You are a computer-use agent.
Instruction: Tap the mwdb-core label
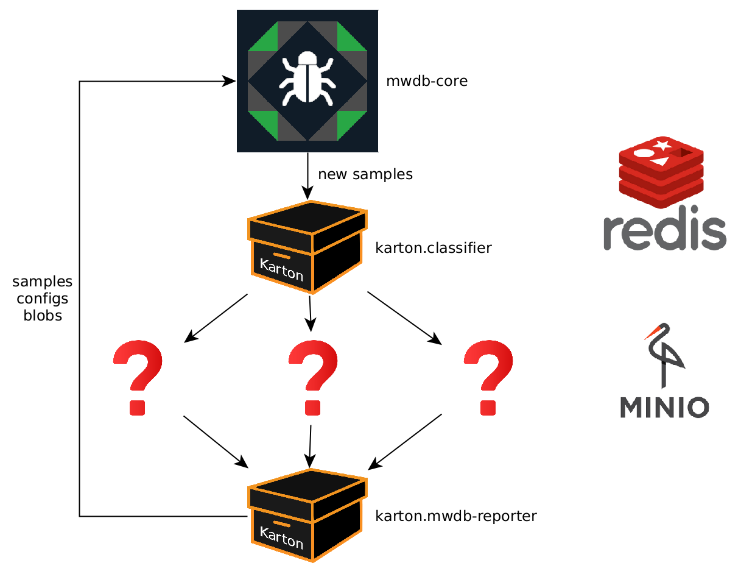click(427, 81)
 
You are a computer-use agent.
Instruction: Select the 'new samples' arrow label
click(365, 174)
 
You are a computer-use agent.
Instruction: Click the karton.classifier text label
click(434, 249)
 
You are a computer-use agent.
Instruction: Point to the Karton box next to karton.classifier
click(308, 246)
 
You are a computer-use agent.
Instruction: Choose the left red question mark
click(138, 377)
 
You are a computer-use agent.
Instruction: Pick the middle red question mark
click(313, 377)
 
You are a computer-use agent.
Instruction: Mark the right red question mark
click(488, 377)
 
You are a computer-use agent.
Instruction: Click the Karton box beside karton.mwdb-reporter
click(308, 514)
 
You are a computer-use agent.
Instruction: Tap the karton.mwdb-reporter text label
click(456, 516)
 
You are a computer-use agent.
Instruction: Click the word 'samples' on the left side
click(43, 282)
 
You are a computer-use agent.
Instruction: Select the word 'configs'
click(43, 299)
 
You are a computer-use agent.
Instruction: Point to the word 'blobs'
click(43, 316)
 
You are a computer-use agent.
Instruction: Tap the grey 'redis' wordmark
click(665, 232)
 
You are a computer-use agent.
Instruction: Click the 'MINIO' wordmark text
click(664, 407)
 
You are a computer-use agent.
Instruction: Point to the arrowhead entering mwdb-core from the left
click(230, 81)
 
